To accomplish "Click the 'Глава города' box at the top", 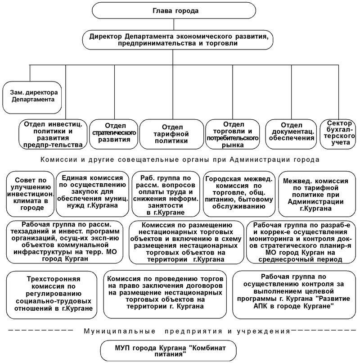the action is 174,11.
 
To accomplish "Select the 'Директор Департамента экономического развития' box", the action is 178,40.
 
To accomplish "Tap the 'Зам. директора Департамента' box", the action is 32,97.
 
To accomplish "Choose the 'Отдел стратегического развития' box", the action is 114,134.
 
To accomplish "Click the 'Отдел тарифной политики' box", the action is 171,134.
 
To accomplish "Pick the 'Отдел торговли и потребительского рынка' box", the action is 233,134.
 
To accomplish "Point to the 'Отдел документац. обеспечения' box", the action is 291,134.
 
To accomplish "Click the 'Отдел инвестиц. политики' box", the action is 53,134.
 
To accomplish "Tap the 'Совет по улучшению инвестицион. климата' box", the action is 30,194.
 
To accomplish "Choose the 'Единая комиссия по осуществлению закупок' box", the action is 92,194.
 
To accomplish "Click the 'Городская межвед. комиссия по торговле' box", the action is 239,194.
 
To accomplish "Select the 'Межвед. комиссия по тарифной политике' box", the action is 317,194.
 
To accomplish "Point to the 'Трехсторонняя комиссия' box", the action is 52,295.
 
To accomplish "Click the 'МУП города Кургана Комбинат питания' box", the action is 168,351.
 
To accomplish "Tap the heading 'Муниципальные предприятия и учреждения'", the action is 187,331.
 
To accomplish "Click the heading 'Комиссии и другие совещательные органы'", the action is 180,160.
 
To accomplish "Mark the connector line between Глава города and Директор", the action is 174,24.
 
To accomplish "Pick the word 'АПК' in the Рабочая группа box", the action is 261,306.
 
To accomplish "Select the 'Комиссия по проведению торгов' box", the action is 165,295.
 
